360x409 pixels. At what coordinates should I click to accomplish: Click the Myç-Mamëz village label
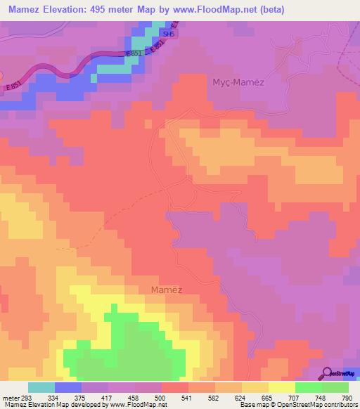point(238,82)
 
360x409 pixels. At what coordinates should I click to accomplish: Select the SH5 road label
point(167,33)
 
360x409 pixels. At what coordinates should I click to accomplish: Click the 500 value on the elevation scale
point(161,398)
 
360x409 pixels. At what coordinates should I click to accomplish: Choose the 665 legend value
point(268,398)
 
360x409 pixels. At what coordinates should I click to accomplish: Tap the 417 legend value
point(108,398)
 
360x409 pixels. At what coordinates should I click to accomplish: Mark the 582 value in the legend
point(214,398)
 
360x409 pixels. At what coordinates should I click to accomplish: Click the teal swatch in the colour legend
point(41,388)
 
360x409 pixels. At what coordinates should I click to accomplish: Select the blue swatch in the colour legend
point(68,388)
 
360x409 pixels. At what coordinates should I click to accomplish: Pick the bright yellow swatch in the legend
point(282,388)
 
